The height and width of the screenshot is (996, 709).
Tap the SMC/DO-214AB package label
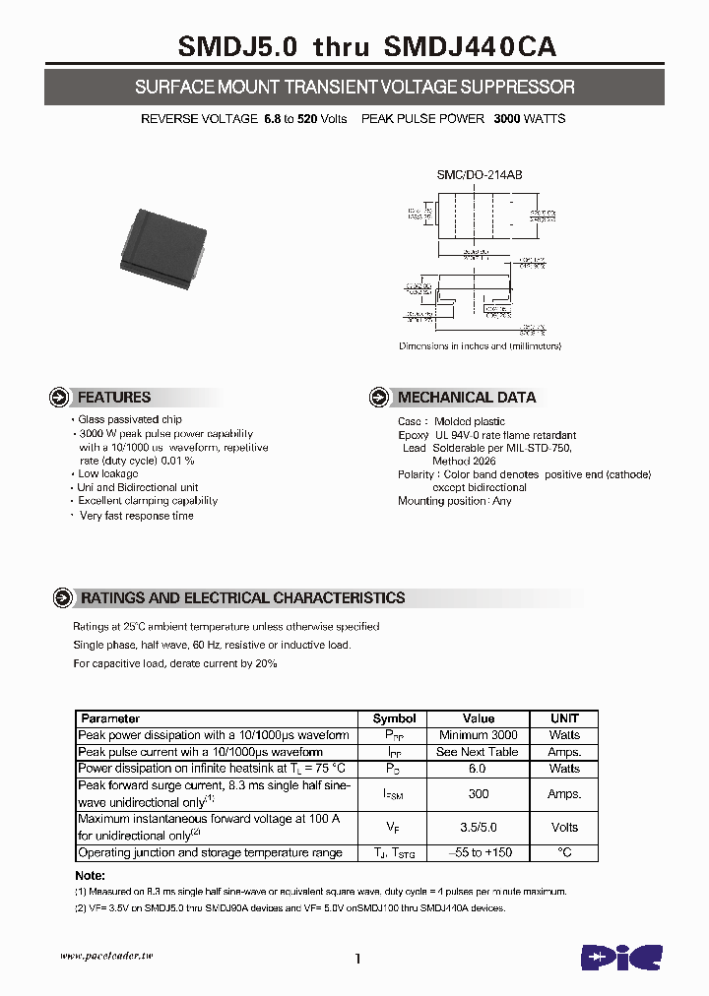pyautogui.click(x=480, y=174)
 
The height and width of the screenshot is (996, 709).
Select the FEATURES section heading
pyautogui.click(x=113, y=398)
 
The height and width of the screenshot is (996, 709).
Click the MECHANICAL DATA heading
pyautogui.click(x=467, y=398)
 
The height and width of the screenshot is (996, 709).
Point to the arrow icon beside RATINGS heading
pyautogui.click(x=62, y=597)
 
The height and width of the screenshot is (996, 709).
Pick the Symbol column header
pyautogui.click(x=394, y=718)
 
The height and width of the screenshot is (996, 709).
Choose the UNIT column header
pyautogui.click(x=564, y=718)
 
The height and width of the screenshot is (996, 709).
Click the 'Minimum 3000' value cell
pyautogui.click(x=479, y=735)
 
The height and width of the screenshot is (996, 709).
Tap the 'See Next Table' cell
pyautogui.click(x=479, y=752)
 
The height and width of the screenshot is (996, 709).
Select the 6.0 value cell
pyautogui.click(x=479, y=769)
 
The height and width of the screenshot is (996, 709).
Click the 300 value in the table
pyautogui.click(x=479, y=793)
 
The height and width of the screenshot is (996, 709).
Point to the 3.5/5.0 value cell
pyautogui.click(x=479, y=827)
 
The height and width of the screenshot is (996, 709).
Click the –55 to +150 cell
pyautogui.click(x=479, y=852)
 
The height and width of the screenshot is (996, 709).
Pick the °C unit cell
pyautogui.click(x=564, y=852)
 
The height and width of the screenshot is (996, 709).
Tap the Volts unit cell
pyautogui.click(x=564, y=827)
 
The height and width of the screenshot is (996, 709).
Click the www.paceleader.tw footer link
pyautogui.click(x=106, y=957)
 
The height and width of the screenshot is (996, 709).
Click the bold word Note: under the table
pyautogui.click(x=91, y=876)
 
